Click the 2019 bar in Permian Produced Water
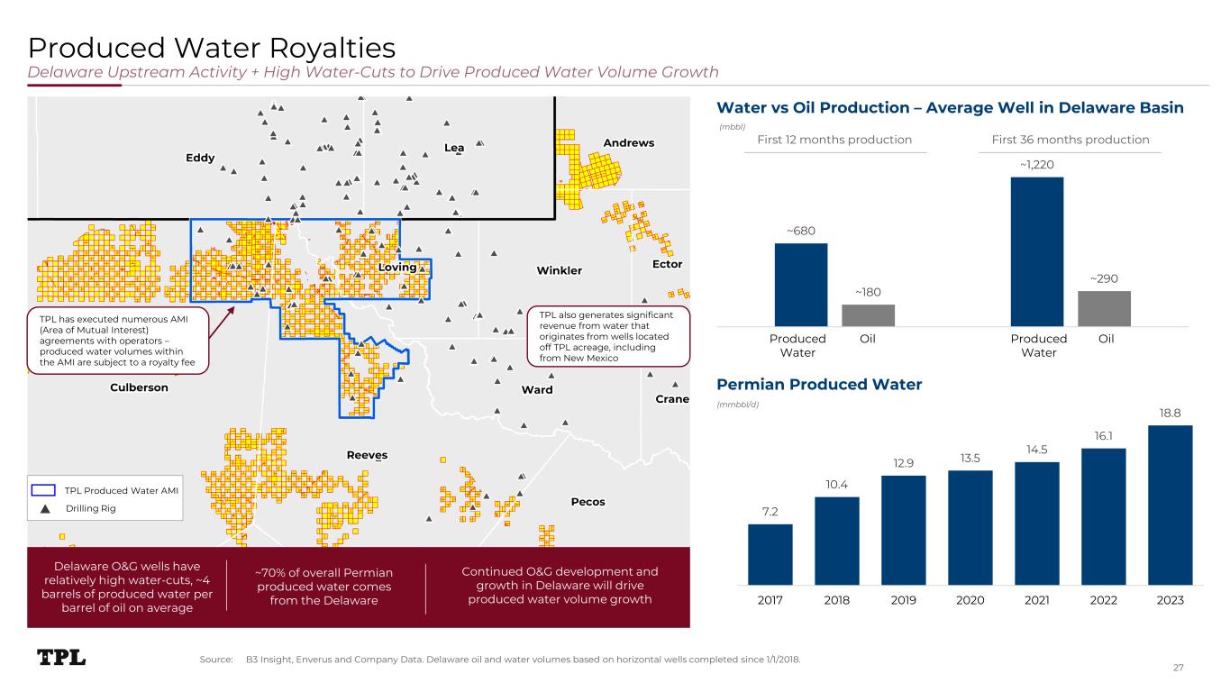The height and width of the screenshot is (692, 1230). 904,531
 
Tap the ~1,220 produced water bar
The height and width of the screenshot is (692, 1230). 1036,251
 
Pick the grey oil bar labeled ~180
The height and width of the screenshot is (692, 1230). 868,315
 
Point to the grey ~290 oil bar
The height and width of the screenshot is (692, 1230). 1104,308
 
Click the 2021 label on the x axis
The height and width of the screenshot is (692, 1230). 1036,600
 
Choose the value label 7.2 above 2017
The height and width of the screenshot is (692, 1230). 770,513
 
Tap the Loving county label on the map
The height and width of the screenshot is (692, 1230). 397,268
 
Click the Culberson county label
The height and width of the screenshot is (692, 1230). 139,387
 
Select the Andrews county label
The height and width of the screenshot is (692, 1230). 628,143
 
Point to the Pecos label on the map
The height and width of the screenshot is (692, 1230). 588,501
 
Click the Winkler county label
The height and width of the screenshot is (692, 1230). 559,270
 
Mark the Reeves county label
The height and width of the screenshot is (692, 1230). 367,455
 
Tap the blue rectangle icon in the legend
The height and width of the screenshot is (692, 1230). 44,490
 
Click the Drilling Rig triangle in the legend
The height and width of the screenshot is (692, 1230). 44,509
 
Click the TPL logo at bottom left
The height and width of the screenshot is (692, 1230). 61,658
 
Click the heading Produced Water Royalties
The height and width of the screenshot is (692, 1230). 212,47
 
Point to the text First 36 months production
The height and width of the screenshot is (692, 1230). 1069,140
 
